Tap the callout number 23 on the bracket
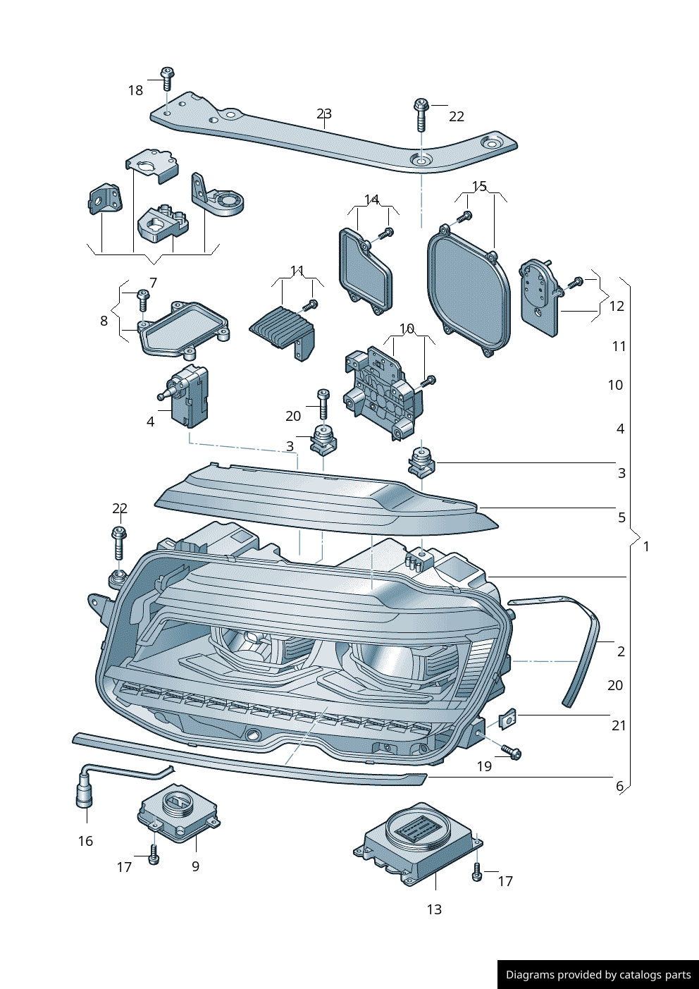[x=324, y=113]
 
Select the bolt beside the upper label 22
[x=421, y=115]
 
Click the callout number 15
[x=479, y=186]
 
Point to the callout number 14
[x=371, y=199]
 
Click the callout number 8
[x=104, y=321]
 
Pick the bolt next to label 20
[x=323, y=404]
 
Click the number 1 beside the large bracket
[x=646, y=546]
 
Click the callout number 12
[x=617, y=306]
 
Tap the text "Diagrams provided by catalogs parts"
[x=598, y=975]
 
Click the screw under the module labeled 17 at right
[x=477, y=873]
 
